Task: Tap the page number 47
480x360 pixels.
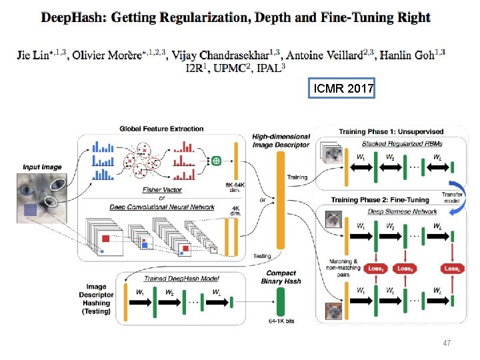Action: (x=447, y=343)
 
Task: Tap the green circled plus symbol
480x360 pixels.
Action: (x=216, y=161)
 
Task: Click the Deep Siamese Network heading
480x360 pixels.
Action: (x=394, y=212)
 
